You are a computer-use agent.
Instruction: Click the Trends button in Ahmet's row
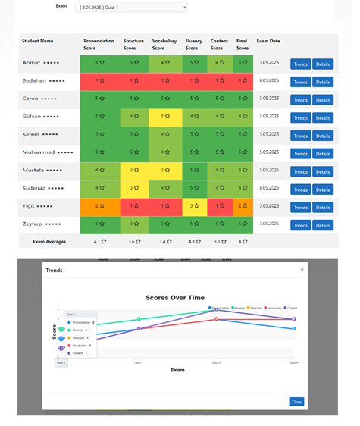pyautogui.click(x=300, y=64)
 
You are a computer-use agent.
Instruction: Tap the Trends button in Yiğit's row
pyautogui.click(x=300, y=207)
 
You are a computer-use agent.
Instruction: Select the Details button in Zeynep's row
pyautogui.click(x=323, y=225)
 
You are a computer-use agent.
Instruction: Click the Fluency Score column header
pyautogui.click(x=195, y=44)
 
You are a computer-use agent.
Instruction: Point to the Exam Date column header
pyautogui.click(x=268, y=41)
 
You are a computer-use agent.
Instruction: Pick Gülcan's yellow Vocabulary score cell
pyautogui.click(x=164, y=117)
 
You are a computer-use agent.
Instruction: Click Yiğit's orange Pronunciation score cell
pyautogui.click(x=99, y=206)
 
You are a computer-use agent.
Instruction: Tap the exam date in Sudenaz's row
pyautogui.click(x=269, y=188)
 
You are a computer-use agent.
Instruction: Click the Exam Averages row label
pyautogui.click(x=49, y=242)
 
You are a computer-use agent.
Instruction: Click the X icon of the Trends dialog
pyautogui.click(x=302, y=269)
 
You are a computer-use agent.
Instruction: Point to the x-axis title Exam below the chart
pyautogui.click(x=177, y=370)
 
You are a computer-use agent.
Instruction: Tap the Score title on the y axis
pyautogui.click(x=54, y=331)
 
